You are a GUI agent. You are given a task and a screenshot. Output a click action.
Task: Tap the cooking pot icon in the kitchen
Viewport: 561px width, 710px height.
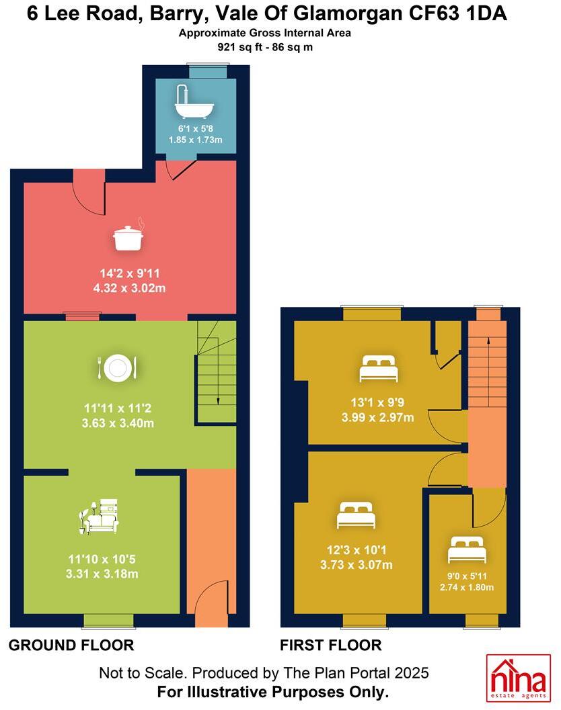(128, 237)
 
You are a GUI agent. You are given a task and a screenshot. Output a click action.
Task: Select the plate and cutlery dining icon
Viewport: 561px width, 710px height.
(117, 367)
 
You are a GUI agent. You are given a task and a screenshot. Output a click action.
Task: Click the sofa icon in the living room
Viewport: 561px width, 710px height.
(100, 517)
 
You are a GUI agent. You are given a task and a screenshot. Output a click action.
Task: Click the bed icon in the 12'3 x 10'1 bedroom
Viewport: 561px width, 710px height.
(356, 516)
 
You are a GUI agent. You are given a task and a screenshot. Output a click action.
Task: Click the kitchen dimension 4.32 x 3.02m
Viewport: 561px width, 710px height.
(130, 287)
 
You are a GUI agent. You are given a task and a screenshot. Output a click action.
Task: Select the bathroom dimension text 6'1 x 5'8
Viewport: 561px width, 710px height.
(195, 128)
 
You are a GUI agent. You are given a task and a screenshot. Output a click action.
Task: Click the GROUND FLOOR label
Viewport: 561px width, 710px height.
(71, 646)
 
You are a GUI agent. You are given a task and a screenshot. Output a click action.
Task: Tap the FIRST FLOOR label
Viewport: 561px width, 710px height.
(331, 646)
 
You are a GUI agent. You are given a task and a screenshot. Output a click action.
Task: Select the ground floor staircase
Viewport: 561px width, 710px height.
(215, 373)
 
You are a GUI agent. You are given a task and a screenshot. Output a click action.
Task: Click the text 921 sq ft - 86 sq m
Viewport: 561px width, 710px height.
(265, 47)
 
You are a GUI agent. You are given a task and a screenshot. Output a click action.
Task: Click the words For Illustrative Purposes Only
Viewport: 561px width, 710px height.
(272, 692)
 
